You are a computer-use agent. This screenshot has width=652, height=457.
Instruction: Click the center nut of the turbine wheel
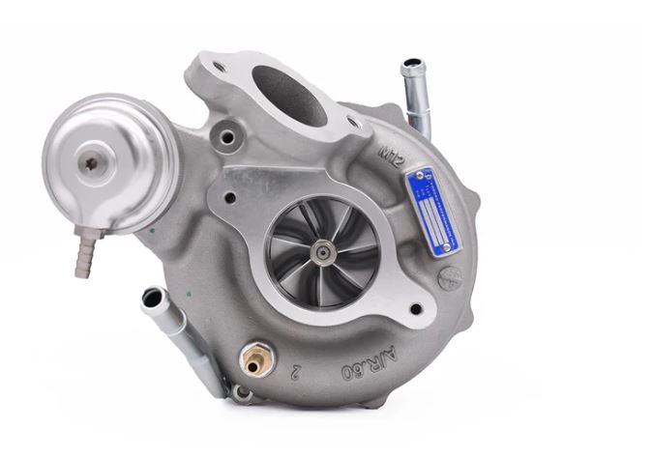(x=319, y=250)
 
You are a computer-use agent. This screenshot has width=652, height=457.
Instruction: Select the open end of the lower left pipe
(x=151, y=299)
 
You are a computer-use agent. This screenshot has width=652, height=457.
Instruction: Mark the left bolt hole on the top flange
(x=221, y=67)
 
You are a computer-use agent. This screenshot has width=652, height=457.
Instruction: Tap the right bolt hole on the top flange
(x=354, y=123)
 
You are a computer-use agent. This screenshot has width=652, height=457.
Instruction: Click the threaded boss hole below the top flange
(x=228, y=137)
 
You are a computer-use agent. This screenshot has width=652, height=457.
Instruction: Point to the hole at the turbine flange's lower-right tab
(x=416, y=310)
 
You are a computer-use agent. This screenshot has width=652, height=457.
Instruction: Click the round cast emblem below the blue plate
(x=448, y=277)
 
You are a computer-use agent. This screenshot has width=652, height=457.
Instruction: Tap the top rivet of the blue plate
(x=417, y=176)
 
